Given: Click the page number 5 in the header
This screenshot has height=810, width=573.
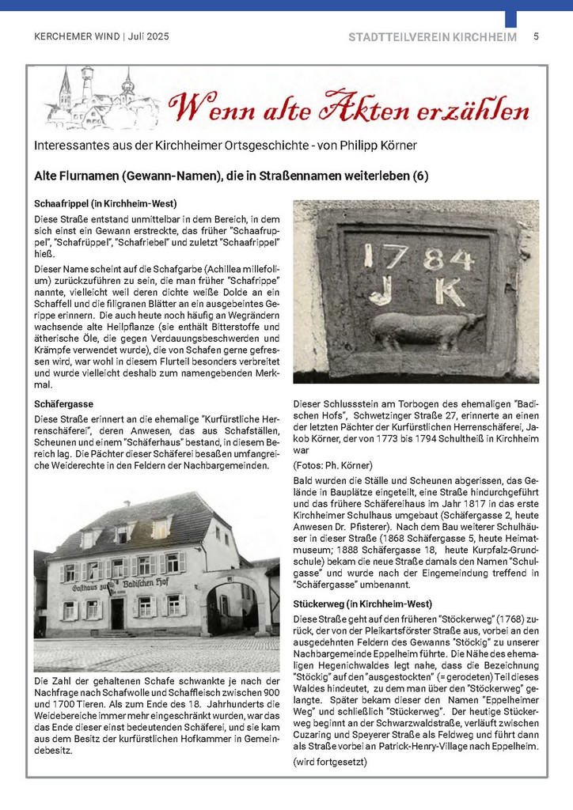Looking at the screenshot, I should point(536,36).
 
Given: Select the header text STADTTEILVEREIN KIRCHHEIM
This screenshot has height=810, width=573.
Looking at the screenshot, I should point(432,37).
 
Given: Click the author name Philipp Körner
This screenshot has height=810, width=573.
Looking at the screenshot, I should point(376,146).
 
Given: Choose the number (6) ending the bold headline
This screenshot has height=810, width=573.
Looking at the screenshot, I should point(419,176).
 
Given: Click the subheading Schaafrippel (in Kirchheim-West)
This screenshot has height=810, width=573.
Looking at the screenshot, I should point(105,203).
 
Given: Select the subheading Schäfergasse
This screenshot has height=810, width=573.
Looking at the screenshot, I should point(64,404).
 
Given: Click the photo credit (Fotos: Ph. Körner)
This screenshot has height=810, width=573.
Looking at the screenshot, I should point(332,464).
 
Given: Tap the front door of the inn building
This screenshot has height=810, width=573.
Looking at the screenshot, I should point(117,614).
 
